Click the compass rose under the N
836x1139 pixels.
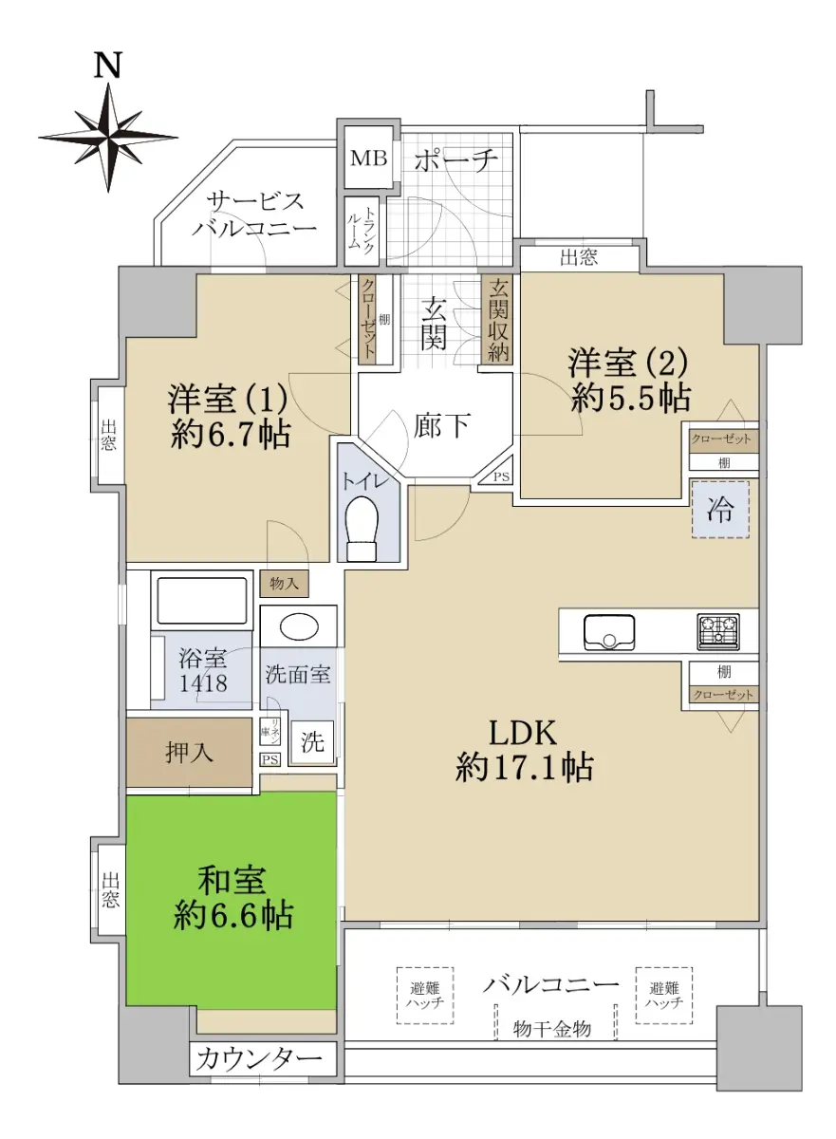point(108,138)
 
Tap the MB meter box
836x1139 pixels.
point(368,158)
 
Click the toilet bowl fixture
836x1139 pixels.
point(362,528)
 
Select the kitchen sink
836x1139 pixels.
point(609,632)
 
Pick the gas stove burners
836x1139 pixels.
point(718,631)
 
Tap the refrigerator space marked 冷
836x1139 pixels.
point(720,510)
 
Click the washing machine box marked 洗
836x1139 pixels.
point(312,742)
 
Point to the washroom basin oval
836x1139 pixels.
point(300,626)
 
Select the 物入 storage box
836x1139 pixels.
point(284,583)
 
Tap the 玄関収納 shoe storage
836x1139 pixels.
point(497,319)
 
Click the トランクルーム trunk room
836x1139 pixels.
point(362,232)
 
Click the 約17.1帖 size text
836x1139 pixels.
point(524,767)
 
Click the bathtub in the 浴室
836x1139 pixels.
point(202,600)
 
